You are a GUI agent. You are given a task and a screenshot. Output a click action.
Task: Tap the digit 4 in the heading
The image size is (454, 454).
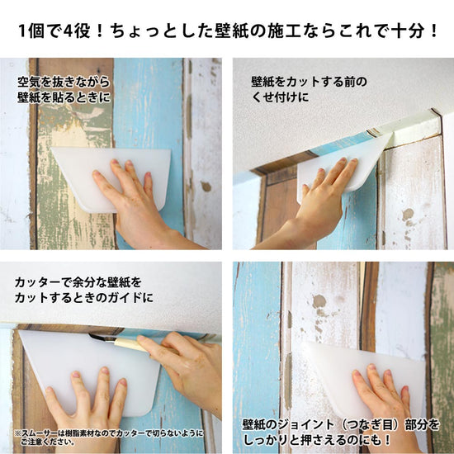coord(67,31)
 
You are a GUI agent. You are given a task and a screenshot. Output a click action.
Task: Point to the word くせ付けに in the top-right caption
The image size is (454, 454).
coord(281,97)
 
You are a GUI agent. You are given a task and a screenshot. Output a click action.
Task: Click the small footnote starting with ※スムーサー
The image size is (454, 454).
coord(109,437)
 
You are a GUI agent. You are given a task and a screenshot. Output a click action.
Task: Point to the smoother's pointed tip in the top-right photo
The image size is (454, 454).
coord(393,134)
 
